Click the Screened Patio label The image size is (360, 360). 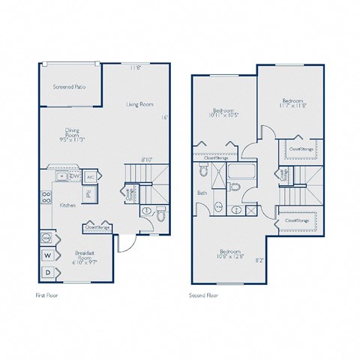coord(69,88)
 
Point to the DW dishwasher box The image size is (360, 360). coord(74,177)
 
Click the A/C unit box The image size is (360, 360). coord(90,177)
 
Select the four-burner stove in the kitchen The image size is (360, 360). coord(45,199)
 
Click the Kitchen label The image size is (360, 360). coord(67,205)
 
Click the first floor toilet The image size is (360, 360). coord(160,215)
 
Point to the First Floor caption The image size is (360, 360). coord(47,295)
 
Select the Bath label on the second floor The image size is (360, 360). coord(202,193)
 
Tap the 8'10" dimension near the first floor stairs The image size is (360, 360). coord(148,160)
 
